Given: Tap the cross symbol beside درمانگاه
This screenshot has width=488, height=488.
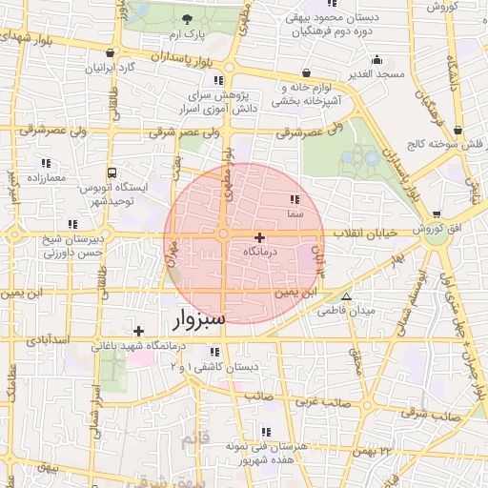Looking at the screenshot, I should [x=259, y=236].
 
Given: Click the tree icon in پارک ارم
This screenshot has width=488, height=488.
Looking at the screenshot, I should [x=187, y=19].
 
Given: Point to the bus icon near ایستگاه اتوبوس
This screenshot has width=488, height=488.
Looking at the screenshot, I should [x=112, y=173].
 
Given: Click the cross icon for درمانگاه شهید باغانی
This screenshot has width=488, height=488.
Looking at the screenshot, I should [x=138, y=330].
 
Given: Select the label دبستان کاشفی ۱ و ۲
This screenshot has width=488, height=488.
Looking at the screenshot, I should [x=226, y=367].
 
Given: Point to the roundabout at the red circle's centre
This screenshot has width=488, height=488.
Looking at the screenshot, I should [x=223, y=234].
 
